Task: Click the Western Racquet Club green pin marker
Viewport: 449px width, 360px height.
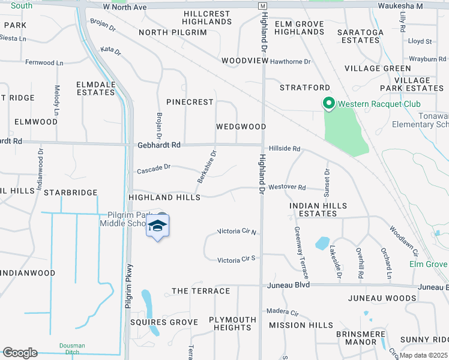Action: point(328,104)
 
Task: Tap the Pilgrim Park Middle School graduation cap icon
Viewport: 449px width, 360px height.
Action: point(157,226)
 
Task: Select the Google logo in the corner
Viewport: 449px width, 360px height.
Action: point(20,353)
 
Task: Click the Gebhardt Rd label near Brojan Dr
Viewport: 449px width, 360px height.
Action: point(158,145)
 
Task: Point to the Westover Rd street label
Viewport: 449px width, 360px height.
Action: point(287,187)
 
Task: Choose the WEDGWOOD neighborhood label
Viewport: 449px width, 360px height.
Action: point(241,127)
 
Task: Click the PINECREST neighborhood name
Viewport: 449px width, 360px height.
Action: point(190,102)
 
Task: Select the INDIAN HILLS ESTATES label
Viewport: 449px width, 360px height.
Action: point(318,209)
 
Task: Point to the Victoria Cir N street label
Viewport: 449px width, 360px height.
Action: point(237,232)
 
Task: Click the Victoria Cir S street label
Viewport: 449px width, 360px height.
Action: point(237,259)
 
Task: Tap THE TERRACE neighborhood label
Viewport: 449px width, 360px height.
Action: point(200,291)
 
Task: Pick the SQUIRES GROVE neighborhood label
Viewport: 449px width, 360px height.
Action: point(164,322)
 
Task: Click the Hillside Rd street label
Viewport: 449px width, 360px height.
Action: point(284,149)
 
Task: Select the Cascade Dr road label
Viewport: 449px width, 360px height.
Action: point(154,170)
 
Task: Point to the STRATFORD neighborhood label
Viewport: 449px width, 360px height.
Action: point(305,88)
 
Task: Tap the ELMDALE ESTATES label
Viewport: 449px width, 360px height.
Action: point(95,88)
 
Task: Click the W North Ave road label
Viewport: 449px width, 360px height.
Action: point(124,7)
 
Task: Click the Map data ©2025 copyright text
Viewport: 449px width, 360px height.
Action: point(424,355)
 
